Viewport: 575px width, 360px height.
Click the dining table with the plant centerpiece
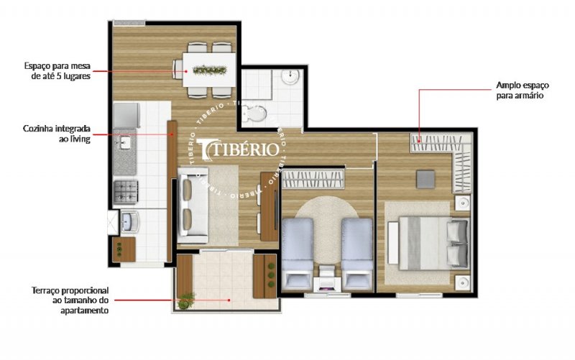tap(209, 70)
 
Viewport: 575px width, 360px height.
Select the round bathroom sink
tap(291, 77)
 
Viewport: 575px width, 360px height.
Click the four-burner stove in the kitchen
tap(125, 192)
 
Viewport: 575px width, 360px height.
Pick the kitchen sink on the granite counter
tap(124, 143)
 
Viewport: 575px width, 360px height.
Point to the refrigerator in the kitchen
tap(126, 116)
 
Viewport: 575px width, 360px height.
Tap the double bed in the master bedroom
tap(429, 243)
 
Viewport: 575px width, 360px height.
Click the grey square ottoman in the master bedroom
tap(425, 179)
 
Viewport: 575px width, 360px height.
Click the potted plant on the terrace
tap(185, 300)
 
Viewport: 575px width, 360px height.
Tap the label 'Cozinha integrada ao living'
tap(57, 134)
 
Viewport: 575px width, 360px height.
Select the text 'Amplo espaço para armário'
tap(523, 91)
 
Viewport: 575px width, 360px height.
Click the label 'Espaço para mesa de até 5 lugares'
tap(57, 71)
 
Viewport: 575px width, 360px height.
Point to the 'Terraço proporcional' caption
tap(70, 290)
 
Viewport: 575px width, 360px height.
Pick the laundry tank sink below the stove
tap(129, 221)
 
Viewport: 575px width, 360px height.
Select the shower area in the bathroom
tap(257, 84)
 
